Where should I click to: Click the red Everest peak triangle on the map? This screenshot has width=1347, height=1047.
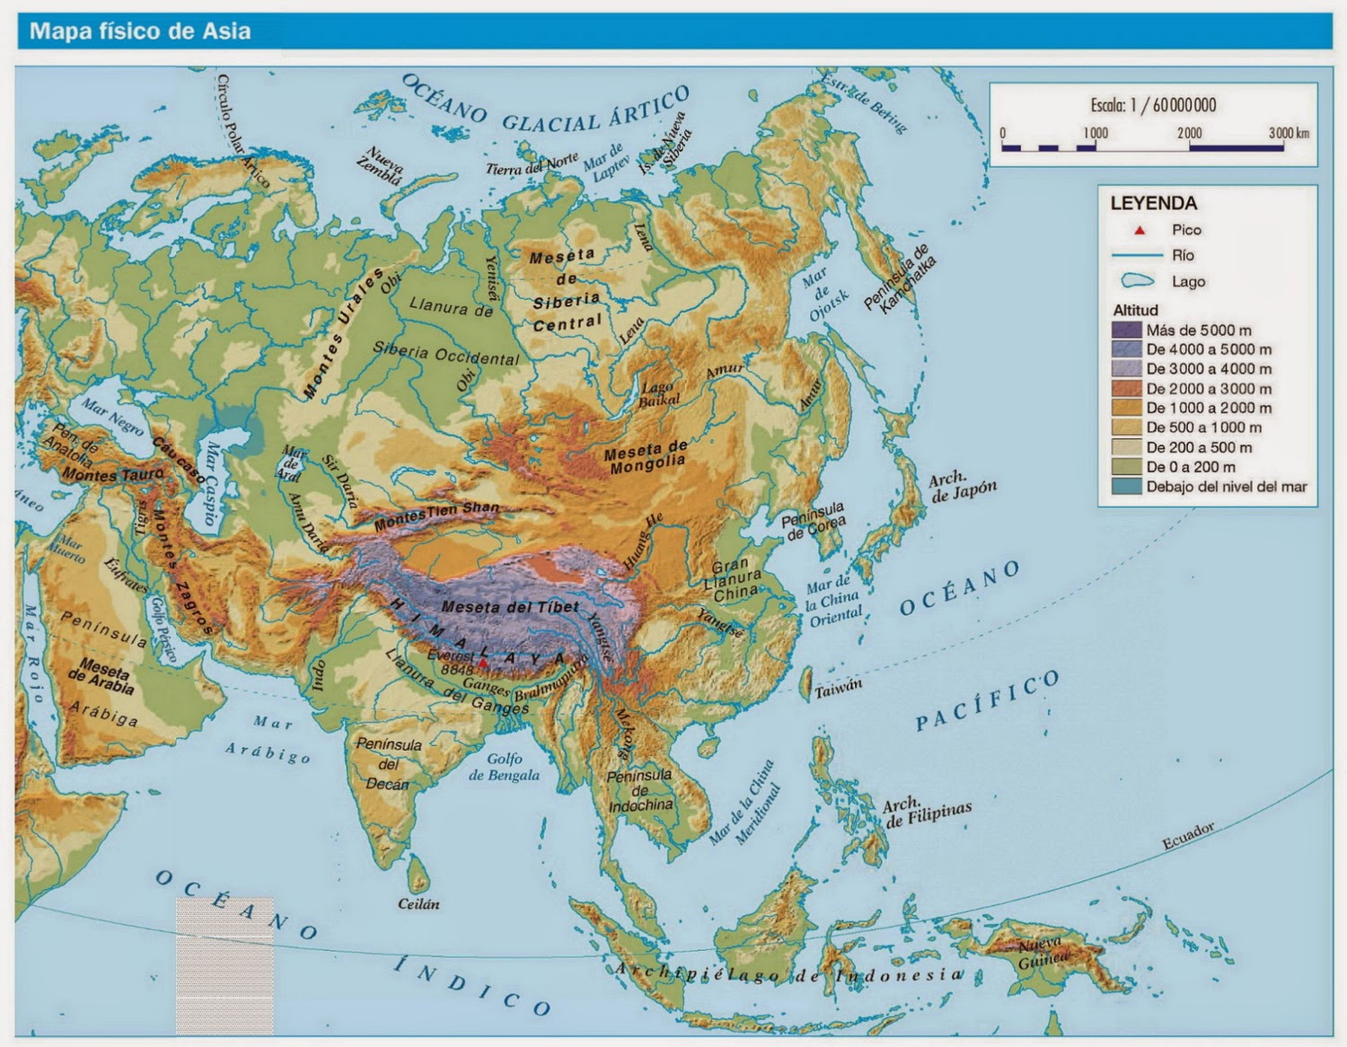483,664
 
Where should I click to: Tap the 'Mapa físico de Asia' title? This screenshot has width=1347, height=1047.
140,31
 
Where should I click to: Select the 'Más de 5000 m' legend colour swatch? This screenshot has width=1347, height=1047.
1126,330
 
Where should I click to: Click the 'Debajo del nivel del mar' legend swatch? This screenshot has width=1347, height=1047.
1126,487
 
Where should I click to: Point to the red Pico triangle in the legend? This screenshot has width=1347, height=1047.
1140,231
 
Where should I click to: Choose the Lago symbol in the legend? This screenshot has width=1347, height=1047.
1137,281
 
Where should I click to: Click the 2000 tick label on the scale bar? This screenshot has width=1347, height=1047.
1189,133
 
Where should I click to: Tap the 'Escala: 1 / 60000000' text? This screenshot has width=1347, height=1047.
1153,105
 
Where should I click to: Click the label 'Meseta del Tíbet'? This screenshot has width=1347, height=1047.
510,607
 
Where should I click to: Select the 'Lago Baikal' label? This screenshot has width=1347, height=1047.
659,394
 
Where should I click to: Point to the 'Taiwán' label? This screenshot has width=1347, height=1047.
838,687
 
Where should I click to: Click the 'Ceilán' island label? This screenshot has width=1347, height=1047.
418,903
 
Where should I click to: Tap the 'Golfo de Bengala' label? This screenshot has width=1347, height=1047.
504,767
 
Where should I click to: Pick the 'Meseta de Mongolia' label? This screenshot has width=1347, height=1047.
647,456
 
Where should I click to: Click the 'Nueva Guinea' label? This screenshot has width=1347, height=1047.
1041,953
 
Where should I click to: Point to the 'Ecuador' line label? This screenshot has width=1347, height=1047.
1188,836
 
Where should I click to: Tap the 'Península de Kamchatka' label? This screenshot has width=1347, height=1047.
899,278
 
